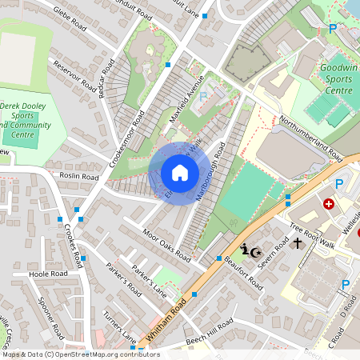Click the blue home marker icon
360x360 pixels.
click(180, 172)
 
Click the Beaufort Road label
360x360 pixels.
click(244, 271)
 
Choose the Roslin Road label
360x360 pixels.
click(79, 175)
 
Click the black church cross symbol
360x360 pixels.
click(297, 242)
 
